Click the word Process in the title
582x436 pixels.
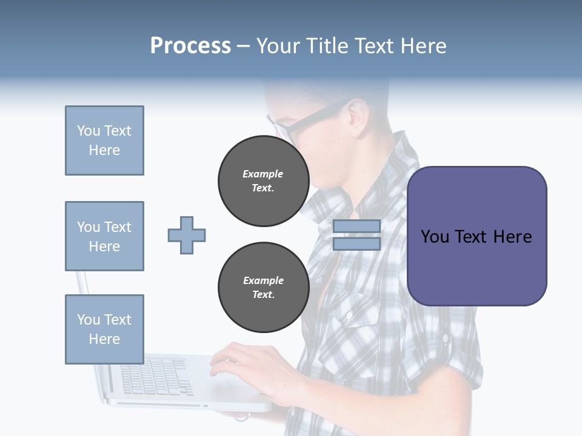(x=190, y=46)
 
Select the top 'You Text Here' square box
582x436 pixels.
(x=104, y=140)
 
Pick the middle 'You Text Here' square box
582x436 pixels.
(x=104, y=236)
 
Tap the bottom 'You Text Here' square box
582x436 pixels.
(x=104, y=329)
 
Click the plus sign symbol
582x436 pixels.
(x=187, y=235)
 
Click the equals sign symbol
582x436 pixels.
(x=356, y=235)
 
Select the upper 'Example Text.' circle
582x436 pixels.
(x=263, y=181)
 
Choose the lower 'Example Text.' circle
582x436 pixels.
(x=263, y=288)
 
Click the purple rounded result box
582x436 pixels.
(x=477, y=236)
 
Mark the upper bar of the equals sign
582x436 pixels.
(x=356, y=226)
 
